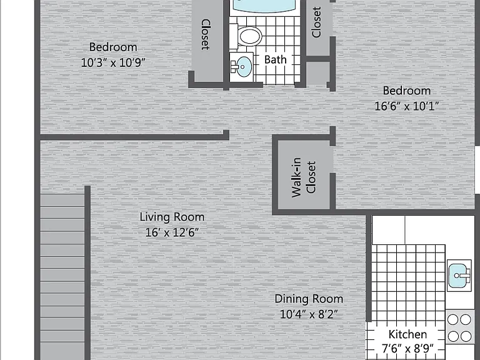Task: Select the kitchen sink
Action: [x=459, y=275]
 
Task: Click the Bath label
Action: [x=276, y=59]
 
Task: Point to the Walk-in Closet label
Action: [x=303, y=177]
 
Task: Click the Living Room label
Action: [x=172, y=217]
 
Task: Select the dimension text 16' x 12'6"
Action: [x=172, y=232]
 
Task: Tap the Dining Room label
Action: [x=309, y=299]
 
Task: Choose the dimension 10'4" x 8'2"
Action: [x=309, y=314]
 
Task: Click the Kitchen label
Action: [x=407, y=334]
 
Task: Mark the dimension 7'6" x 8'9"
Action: [x=407, y=348]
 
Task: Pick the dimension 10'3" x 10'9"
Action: [x=113, y=62]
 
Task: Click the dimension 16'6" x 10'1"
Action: [x=407, y=106]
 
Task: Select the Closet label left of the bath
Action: [x=206, y=34]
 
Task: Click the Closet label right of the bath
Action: [x=316, y=22]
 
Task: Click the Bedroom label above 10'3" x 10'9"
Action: [x=113, y=47]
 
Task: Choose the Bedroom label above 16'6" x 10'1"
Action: [x=407, y=91]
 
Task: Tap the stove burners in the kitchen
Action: [x=459, y=328]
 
